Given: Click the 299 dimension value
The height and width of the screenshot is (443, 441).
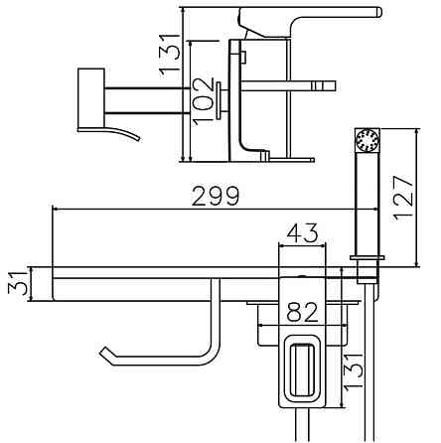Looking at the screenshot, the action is pos(216,196).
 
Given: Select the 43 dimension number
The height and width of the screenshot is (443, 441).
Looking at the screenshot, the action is pos(302,232).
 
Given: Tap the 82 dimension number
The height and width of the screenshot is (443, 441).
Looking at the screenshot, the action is pos(302,312).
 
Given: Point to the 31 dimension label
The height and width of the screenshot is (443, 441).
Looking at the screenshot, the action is pos(17,283).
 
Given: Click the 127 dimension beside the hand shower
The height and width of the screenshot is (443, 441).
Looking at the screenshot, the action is pos(403,198).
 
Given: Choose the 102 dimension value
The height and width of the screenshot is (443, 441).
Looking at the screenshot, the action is pos(203,101).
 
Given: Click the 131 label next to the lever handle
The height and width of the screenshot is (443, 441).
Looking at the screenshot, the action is pos(170,55).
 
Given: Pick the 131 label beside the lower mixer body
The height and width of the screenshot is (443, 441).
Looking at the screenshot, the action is pos(354,370).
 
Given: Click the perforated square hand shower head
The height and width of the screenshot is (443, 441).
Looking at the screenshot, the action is pos(367,140).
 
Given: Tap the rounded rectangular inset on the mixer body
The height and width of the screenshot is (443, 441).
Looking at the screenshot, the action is pos(301,370).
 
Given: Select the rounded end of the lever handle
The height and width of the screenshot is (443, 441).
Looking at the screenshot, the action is pos(377,12).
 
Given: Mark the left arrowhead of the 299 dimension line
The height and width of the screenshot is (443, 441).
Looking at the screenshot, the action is pos(56,210).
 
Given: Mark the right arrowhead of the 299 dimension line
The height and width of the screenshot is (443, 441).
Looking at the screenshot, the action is pos(374,210).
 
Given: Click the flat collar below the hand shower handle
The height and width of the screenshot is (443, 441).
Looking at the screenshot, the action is pos(367,257).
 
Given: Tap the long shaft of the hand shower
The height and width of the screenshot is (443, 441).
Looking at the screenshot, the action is pos(367,204).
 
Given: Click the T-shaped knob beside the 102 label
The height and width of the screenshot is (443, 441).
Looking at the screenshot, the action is pos(220,100).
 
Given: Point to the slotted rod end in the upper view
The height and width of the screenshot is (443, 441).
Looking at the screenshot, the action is pos(323,85).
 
